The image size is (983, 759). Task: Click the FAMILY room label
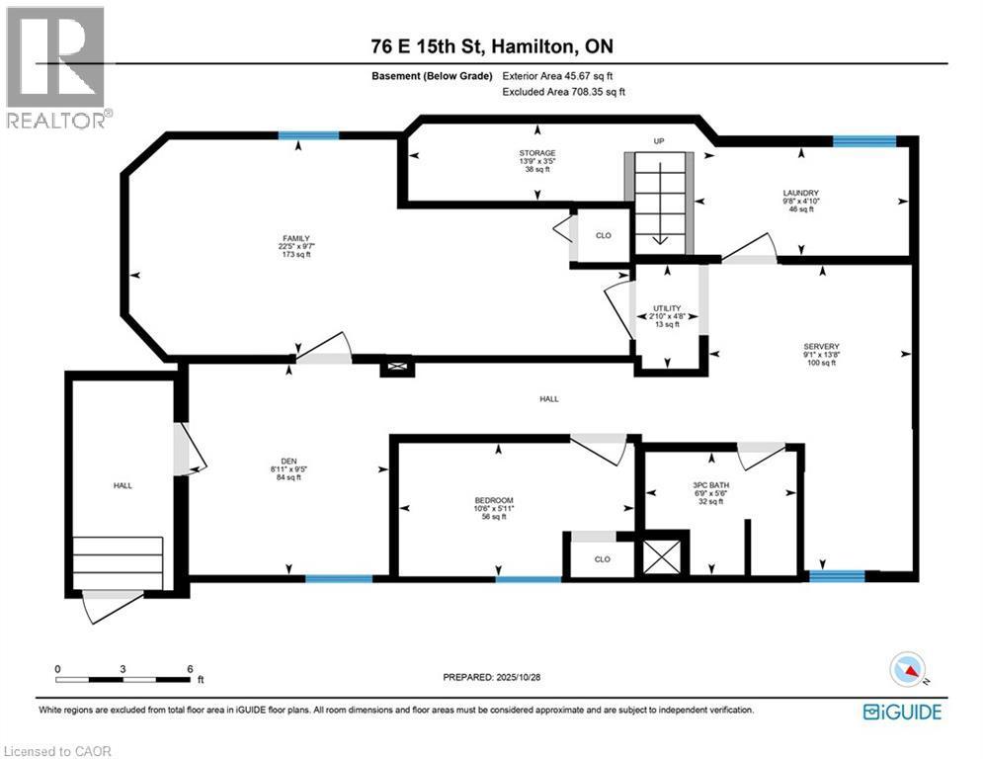[x=296, y=238]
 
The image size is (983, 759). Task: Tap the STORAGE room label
[x=536, y=153]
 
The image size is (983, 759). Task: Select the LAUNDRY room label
[x=801, y=193]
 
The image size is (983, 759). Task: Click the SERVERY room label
[x=822, y=347]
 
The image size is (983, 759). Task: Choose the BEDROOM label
[x=494, y=500]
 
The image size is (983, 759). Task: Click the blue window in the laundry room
[x=863, y=141]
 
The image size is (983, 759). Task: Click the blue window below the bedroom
[x=528, y=579]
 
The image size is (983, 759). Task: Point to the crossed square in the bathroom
[x=661, y=555]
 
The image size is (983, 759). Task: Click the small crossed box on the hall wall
[x=398, y=367]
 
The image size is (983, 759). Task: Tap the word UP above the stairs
[x=659, y=141]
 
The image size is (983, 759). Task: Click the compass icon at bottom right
[x=906, y=671]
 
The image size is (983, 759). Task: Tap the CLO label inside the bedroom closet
[x=603, y=558]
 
